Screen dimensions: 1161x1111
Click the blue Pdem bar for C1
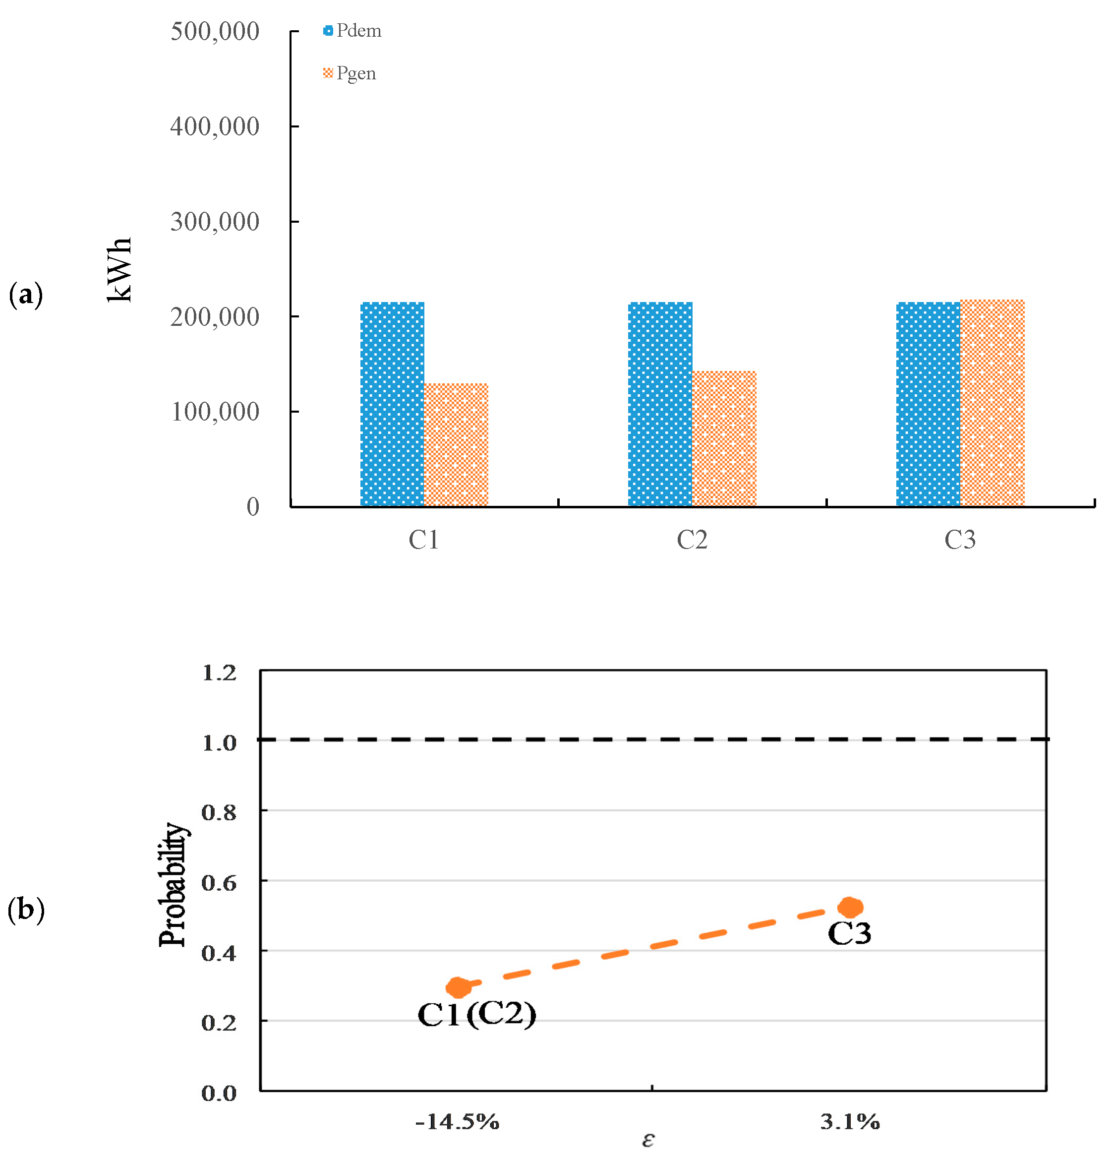coord(392,404)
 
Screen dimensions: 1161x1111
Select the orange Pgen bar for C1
coord(456,445)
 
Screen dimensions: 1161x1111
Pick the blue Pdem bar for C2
coord(660,404)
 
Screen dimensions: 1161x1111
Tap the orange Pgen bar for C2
coord(724,438)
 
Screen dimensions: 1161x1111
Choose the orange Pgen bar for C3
coord(992,403)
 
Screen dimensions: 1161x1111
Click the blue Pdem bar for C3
coord(928,404)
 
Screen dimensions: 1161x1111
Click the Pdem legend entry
coord(352,31)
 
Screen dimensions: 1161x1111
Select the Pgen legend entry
coord(350,73)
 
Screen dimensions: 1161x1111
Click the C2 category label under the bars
coord(692,540)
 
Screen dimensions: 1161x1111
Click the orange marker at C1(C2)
coord(458,987)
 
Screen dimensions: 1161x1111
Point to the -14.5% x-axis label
coord(457,1121)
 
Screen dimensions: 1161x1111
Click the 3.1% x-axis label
coord(850,1121)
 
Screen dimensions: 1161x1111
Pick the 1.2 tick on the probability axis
coord(219,673)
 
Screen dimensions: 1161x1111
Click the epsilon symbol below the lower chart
coord(648,1140)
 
